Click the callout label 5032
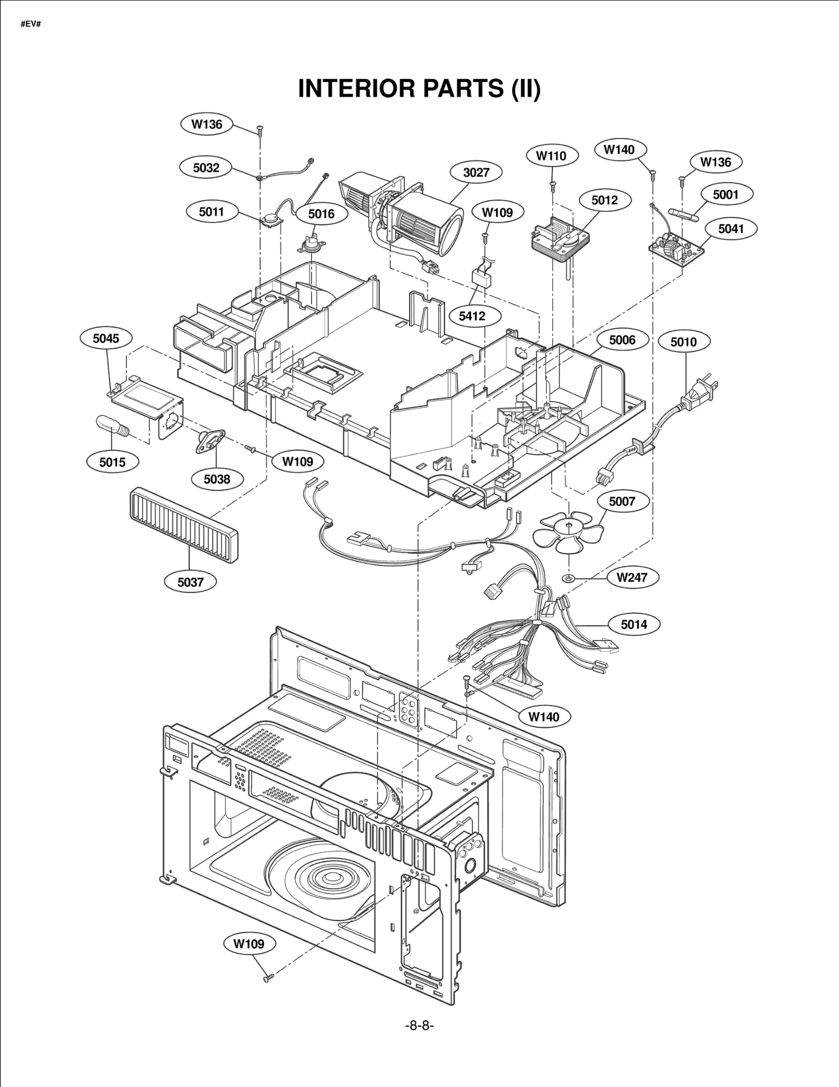pyautogui.click(x=206, y=168)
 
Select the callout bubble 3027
pyautogui.click(x=476, y=172)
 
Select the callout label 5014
pyautogui.click(x=633, y=625)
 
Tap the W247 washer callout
pyautogui.click(x=631, y=577)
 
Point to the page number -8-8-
pyautogui.click(x=419, y=1026)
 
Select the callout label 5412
pyautogui.click(x=472, y=316)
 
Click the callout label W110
pyautogui.click(x=551, y=156)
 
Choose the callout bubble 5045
pyautogui.click(x=106, y=338)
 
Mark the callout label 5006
pyautogui.click(x=622, y=340)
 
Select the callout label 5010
pyautogui.click(x=683, y=342)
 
